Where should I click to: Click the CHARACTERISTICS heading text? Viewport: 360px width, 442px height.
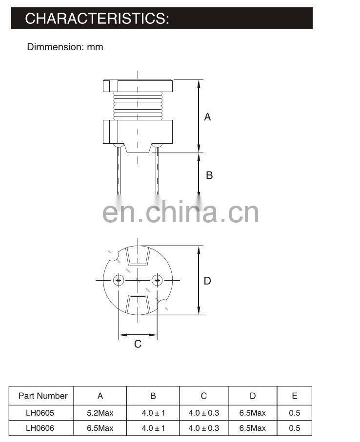(x=97, y=19)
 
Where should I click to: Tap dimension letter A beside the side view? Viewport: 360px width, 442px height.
(x=207, y=116)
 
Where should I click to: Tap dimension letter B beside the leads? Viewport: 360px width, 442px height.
(x=209, y=175)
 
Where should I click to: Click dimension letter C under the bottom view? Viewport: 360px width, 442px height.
(x=138, y=344)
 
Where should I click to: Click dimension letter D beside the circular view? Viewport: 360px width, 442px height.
(x=207, y=281)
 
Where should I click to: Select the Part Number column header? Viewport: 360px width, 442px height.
(x=43, y=396)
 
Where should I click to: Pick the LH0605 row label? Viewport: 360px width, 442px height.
(x=40, y=413)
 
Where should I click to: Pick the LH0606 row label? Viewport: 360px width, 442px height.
(x=40, y=428)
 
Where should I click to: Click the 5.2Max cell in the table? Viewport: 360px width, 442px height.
(x=100, y=413)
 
